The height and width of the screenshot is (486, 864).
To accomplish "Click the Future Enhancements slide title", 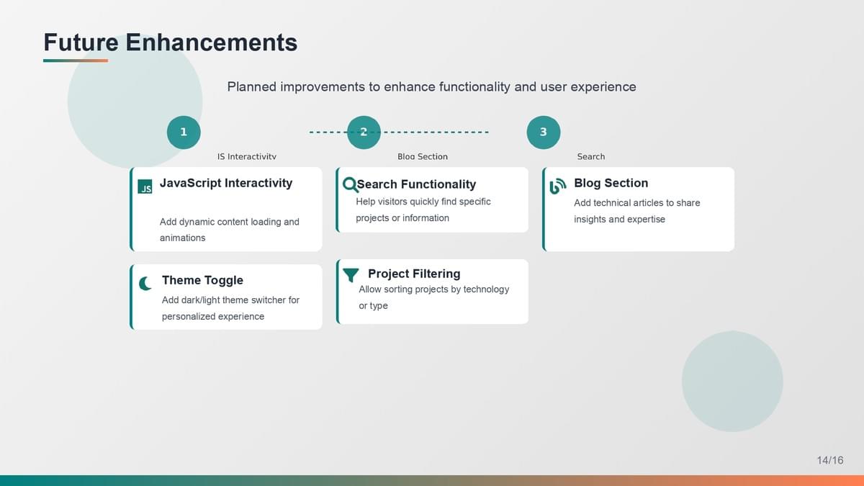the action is coord(171,42).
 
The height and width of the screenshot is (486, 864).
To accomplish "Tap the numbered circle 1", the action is coord(184,132).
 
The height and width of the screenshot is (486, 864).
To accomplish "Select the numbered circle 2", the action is coord(364,132).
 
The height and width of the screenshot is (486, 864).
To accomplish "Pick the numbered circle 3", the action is coord(544,132).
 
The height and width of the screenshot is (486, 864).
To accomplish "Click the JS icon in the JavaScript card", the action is coord(145,186).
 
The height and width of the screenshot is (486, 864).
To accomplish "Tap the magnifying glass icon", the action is coord(351,185).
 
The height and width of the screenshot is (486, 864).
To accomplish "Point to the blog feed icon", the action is coord(558,186).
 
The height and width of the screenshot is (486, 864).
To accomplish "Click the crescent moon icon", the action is coord(145,284).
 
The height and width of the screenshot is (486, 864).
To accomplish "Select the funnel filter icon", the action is coord(351,275).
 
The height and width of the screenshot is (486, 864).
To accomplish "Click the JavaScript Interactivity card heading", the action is coord(226,183).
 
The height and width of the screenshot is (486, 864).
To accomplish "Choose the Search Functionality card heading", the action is coord(416,184).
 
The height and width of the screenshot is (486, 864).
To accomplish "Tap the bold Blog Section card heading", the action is coord(611,183).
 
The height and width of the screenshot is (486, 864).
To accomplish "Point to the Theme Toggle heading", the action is coord(202,280).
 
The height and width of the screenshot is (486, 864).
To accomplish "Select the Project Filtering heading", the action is coord(414,274).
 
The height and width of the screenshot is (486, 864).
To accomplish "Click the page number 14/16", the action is coord(830,460).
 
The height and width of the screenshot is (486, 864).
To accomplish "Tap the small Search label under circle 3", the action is coord(591,157).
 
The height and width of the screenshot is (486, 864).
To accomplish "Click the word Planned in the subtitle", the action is coord(252,87).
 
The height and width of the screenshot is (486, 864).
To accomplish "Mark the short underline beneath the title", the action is coord(76,60).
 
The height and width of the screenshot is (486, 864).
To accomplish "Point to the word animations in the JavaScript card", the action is coord(182,238).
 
